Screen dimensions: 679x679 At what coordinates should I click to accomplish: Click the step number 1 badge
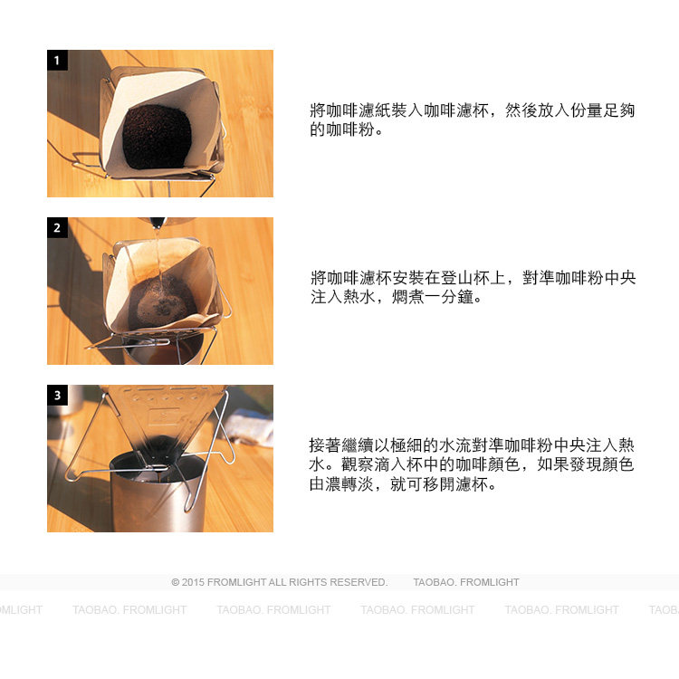coord(57,60)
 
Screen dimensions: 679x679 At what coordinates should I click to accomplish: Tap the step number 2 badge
coord(57,227)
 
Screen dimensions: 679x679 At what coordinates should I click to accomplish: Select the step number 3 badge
coord(57,395)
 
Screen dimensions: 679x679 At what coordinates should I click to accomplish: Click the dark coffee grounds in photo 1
coord(157,137)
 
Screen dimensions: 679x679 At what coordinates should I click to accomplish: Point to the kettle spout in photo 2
coord(158,222)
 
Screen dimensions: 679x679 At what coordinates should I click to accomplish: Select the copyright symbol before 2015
coord(176,582)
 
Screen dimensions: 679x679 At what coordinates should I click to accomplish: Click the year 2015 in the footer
coord(193,582)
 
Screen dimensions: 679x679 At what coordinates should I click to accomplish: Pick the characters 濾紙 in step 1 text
coord(367,110)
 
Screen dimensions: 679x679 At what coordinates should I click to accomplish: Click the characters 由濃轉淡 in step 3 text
coord(341,484)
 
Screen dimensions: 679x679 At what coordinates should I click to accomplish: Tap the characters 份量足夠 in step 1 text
coord(602,110)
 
